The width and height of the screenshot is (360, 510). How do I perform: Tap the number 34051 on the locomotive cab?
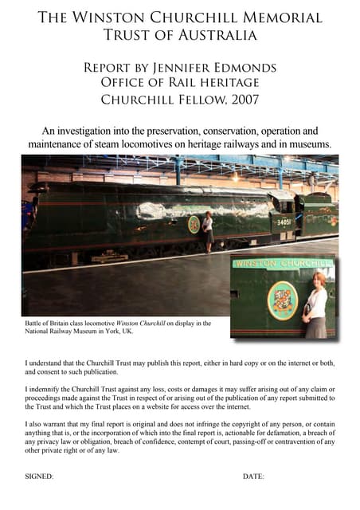(x=284, y=222)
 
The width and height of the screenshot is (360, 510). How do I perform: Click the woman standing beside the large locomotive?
(x=208, y=231)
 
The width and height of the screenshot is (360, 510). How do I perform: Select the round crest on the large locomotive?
(x=194, y=225)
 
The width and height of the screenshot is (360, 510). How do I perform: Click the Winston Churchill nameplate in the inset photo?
(x=282, y=264)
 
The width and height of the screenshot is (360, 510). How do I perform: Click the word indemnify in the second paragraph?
(x=47, y=388)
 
